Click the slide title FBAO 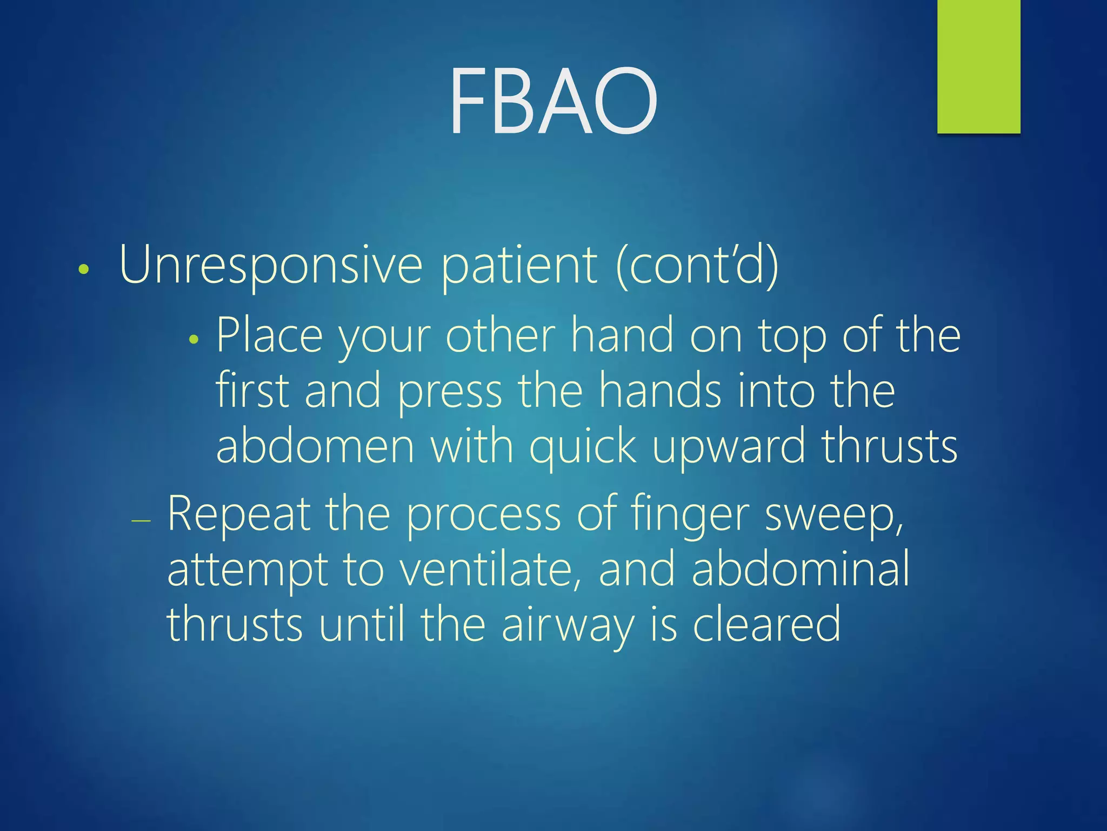[553, 101]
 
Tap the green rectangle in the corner [978, 66]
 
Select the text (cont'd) [697, 265]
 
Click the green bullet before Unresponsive [83, 269]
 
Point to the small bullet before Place [194, 340]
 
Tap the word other [500, 337]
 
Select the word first [252, 391]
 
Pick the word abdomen [315, 446]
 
